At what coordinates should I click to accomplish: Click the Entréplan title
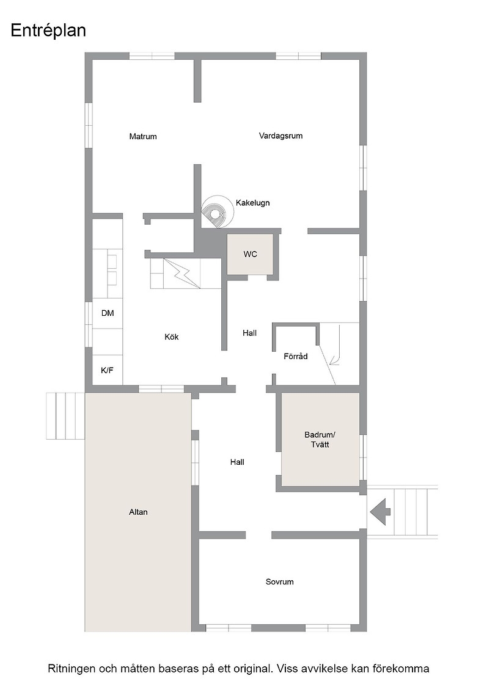[x=48, y=31]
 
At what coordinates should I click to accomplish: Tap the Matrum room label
[x=143, y=137]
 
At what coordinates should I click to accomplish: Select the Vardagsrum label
[x=280, y=136]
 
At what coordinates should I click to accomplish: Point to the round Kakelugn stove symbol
[x=217, y=211]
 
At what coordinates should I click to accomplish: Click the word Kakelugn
[x=252, y=203]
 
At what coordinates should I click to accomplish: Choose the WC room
[x=250, y=254]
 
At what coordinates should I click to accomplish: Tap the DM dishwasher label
[x=108, y=313]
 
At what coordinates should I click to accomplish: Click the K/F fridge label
[x=107, y=370]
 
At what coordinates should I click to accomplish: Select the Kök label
[x=172, y=337]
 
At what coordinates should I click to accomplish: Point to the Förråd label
[x=295, y=357]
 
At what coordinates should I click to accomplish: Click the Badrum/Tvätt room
[x=320, y=439]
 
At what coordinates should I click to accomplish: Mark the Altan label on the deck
[x=138, y=512]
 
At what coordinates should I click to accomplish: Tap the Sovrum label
[x=279, y=582]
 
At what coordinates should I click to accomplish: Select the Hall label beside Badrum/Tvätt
[x=237, y=462]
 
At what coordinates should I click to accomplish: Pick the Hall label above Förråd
[x=249, y=333]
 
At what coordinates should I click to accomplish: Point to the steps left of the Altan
[x=65, y=416]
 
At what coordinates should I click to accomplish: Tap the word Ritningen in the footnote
[x=71, y=669]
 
